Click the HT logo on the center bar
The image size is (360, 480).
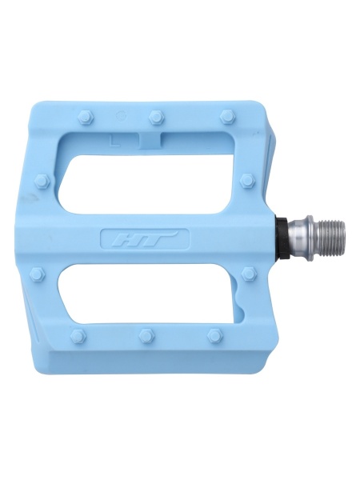coord(145,238)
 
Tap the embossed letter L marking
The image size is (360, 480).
coord(114,141)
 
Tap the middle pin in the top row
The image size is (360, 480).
coord(157,117)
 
